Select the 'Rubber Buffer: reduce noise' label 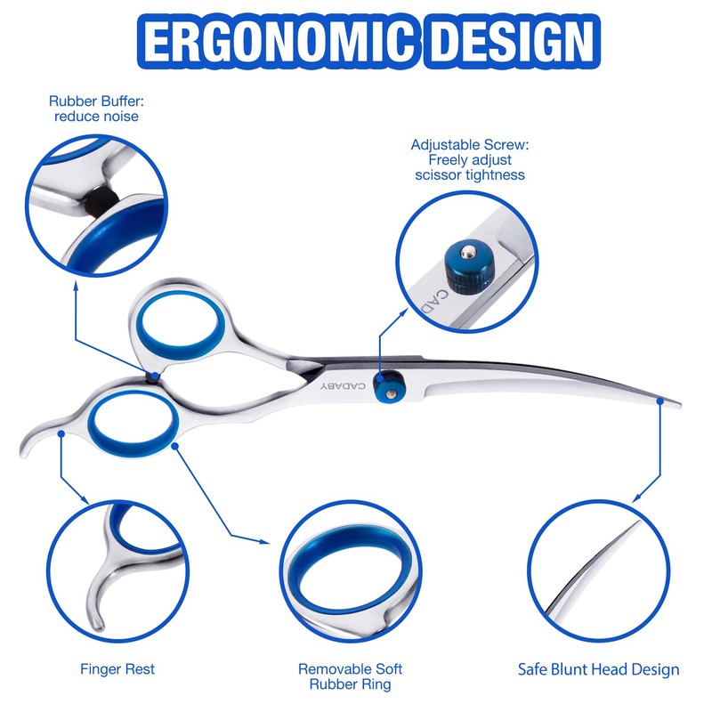click(96, 109)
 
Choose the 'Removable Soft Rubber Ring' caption click(350, 676)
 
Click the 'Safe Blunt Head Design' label click(599, 669)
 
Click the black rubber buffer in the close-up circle click(101, 198)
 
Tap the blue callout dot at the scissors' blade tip click(660, 403)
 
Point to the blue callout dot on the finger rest click(61, 433)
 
